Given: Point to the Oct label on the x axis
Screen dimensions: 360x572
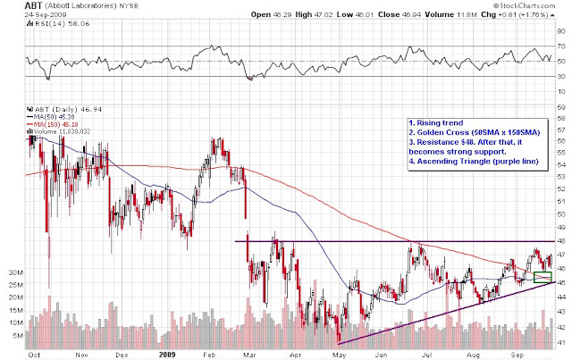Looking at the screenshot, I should tap(34, 354).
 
